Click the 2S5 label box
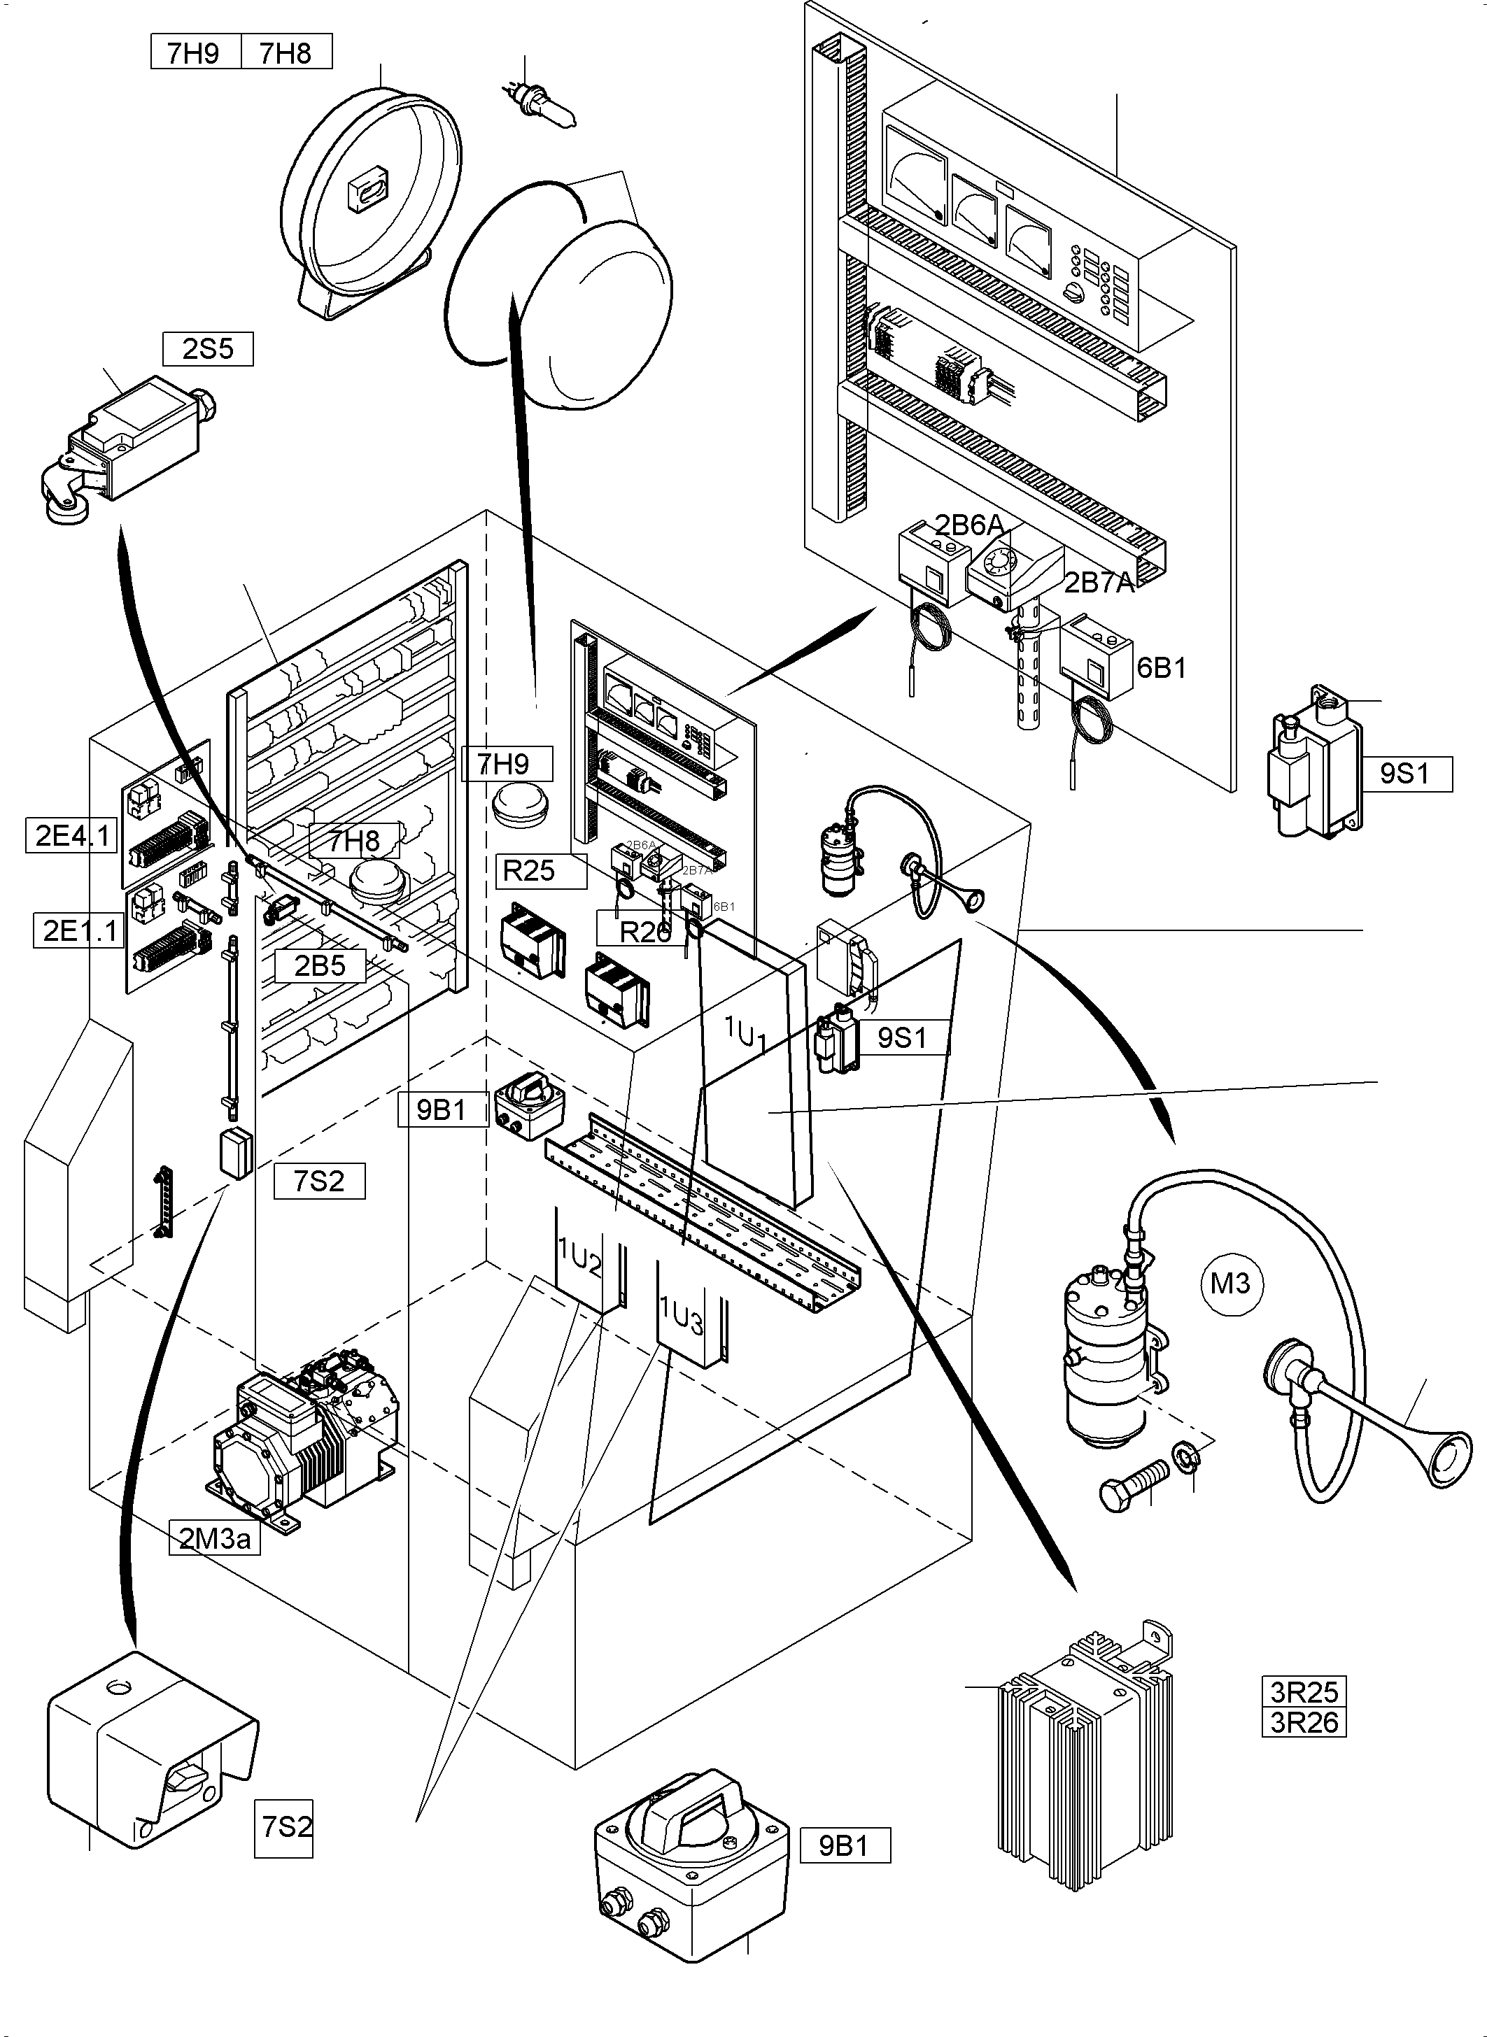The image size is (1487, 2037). pos(208,349)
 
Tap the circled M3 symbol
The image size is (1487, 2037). pos(1230,1283)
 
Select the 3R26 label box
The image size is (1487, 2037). pos(1304,1722)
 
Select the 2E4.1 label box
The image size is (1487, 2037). pos(72,837)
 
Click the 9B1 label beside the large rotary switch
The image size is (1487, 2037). pos(845,1845)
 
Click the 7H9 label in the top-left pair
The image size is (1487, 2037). pos(194,53)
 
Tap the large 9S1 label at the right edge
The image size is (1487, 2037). pos(1404,773)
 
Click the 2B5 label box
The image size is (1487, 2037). pos(320,965)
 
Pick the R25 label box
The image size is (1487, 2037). pos(528,870)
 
